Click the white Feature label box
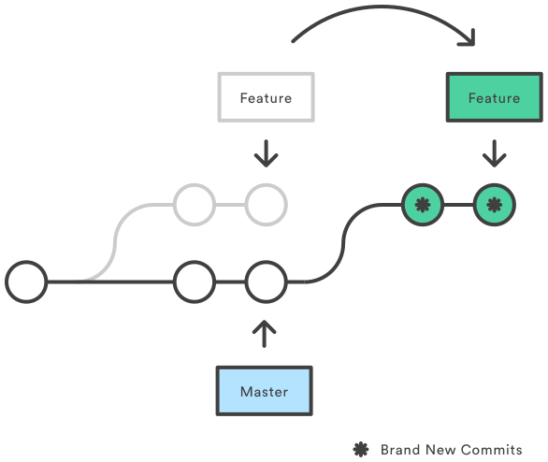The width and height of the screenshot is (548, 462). pos(266,97)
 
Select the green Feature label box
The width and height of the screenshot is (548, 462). pos(494,97)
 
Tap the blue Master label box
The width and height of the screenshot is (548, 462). pos(264,391)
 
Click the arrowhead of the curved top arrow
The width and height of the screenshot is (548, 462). pos(464,38)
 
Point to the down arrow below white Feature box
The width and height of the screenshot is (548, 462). pos(267,152)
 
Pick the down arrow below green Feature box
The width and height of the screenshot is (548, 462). pos(494,152)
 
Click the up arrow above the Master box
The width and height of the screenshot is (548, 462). pos(266,334)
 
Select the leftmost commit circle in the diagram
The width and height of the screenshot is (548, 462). pos(26,282)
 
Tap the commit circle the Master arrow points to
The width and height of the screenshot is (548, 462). pos(266,282)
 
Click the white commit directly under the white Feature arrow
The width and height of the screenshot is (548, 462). pos(266,203)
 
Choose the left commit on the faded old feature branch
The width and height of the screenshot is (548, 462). pos(195,203)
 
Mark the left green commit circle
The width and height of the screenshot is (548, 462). pos(422,203)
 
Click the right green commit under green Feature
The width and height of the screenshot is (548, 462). pos(494,203)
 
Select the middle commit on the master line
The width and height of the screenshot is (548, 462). pos(195,282)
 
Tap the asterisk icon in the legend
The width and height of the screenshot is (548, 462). pos(360,449)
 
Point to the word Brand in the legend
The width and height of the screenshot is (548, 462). pos(400,449)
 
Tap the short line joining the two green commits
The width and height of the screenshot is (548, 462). pos(457,203)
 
